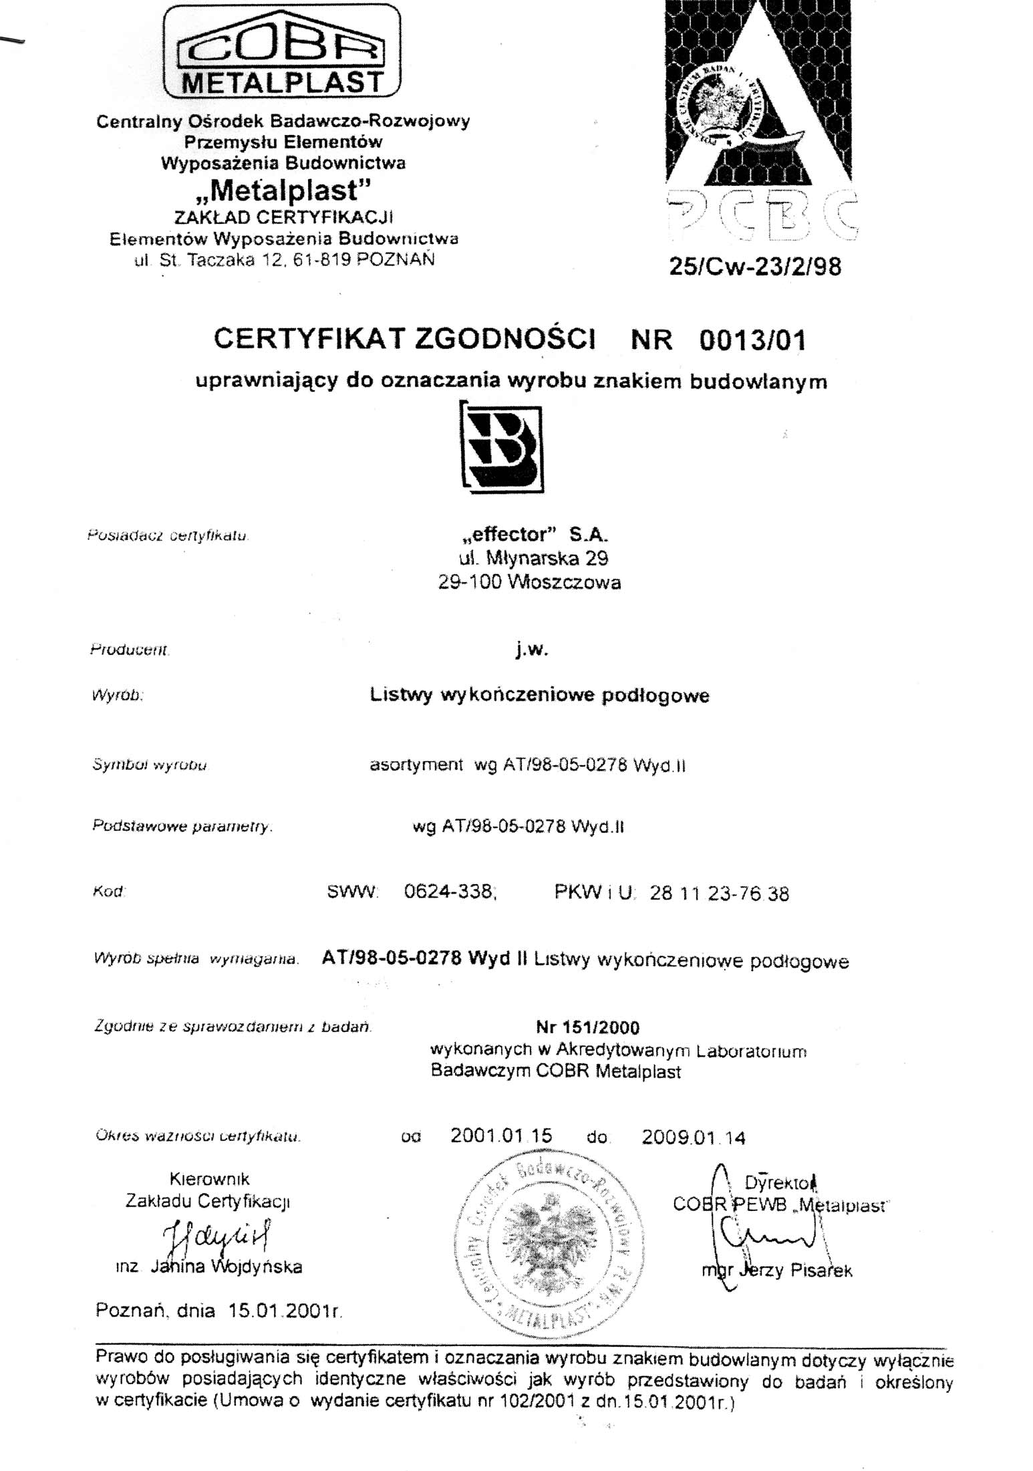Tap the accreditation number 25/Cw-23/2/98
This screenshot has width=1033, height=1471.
click(755, 267)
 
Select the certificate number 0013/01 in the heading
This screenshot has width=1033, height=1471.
click(752, 340)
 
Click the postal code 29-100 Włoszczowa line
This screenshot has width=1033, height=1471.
click(529, 583)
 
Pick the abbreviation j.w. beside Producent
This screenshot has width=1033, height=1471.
click(532, 649)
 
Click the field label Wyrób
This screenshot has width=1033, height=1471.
click(118, 695)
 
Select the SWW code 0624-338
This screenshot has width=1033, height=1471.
click(449, 892)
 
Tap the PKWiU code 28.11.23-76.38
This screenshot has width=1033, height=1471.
click(719, 894)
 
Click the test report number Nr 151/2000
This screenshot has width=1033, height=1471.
click(587, 1027)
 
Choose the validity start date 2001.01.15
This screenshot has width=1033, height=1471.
click(501, 1135)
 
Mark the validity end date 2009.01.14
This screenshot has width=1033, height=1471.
click(693, 1138)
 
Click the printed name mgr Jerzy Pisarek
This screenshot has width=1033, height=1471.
click(777, 1271)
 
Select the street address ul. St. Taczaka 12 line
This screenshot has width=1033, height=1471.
click(284, 260)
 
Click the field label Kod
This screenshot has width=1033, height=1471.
click(109, 892)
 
